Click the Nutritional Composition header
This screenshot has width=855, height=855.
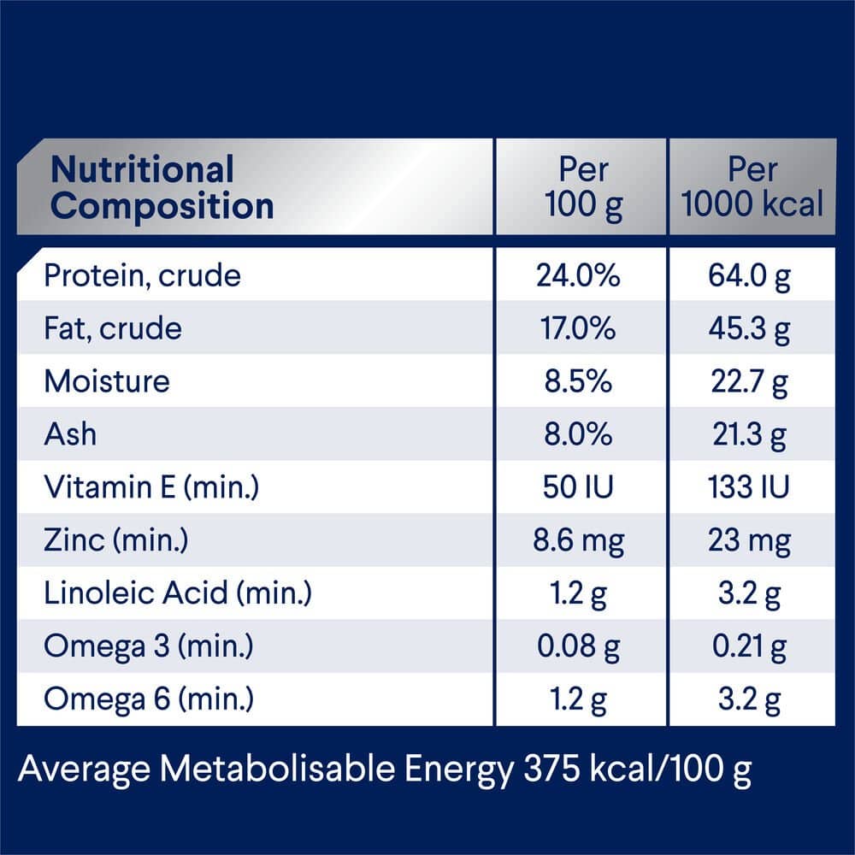click(162, 188)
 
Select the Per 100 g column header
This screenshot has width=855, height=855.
click(583, 188)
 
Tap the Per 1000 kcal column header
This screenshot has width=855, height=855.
click(753, 188)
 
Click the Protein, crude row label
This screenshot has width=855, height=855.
click(143, 276)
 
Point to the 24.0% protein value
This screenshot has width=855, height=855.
click(578, 276)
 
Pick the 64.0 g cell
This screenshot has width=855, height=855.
click(750, 276)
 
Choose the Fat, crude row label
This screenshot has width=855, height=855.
click(113, 329)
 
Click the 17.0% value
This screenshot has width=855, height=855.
click(578, 329)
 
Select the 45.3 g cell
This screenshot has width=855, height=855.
click(750, 329)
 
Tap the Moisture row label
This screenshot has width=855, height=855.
click(107, 381)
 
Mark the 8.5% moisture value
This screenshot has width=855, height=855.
click(579, 381)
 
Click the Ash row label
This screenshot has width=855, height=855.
click(70, 434)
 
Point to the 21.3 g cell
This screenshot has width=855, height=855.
click(750, 435)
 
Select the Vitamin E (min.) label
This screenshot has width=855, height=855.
click(151, 487)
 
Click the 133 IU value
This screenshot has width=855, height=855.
click(750, 487)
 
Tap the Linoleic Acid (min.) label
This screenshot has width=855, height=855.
click(178, 593)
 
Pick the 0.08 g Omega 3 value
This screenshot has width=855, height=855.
click(579, 646)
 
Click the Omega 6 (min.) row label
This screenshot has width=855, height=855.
click(149, 699)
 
